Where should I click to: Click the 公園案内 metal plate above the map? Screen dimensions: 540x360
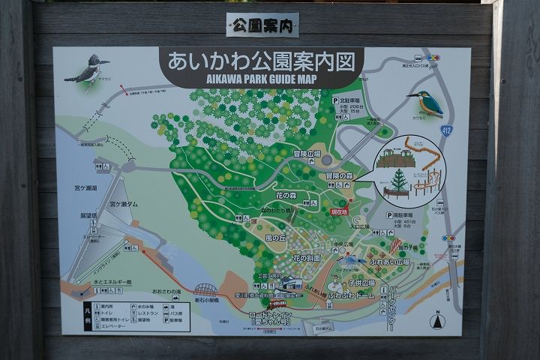click(262, 25)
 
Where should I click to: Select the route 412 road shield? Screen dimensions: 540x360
click(447, 130)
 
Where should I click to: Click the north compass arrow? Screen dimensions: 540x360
click(435, 321)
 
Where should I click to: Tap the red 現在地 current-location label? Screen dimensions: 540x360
click(340, 212)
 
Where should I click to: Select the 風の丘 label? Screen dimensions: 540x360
click(275, 238)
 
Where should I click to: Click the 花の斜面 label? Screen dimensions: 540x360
click(306, 257)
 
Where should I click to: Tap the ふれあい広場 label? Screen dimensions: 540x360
click(390, 262)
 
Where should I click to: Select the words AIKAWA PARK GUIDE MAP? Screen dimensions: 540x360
click(260, 78)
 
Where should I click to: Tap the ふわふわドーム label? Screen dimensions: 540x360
click(357, 296)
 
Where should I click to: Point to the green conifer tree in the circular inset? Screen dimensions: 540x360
click(397, 179)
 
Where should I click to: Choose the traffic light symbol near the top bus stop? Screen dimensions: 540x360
click(432, 57)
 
